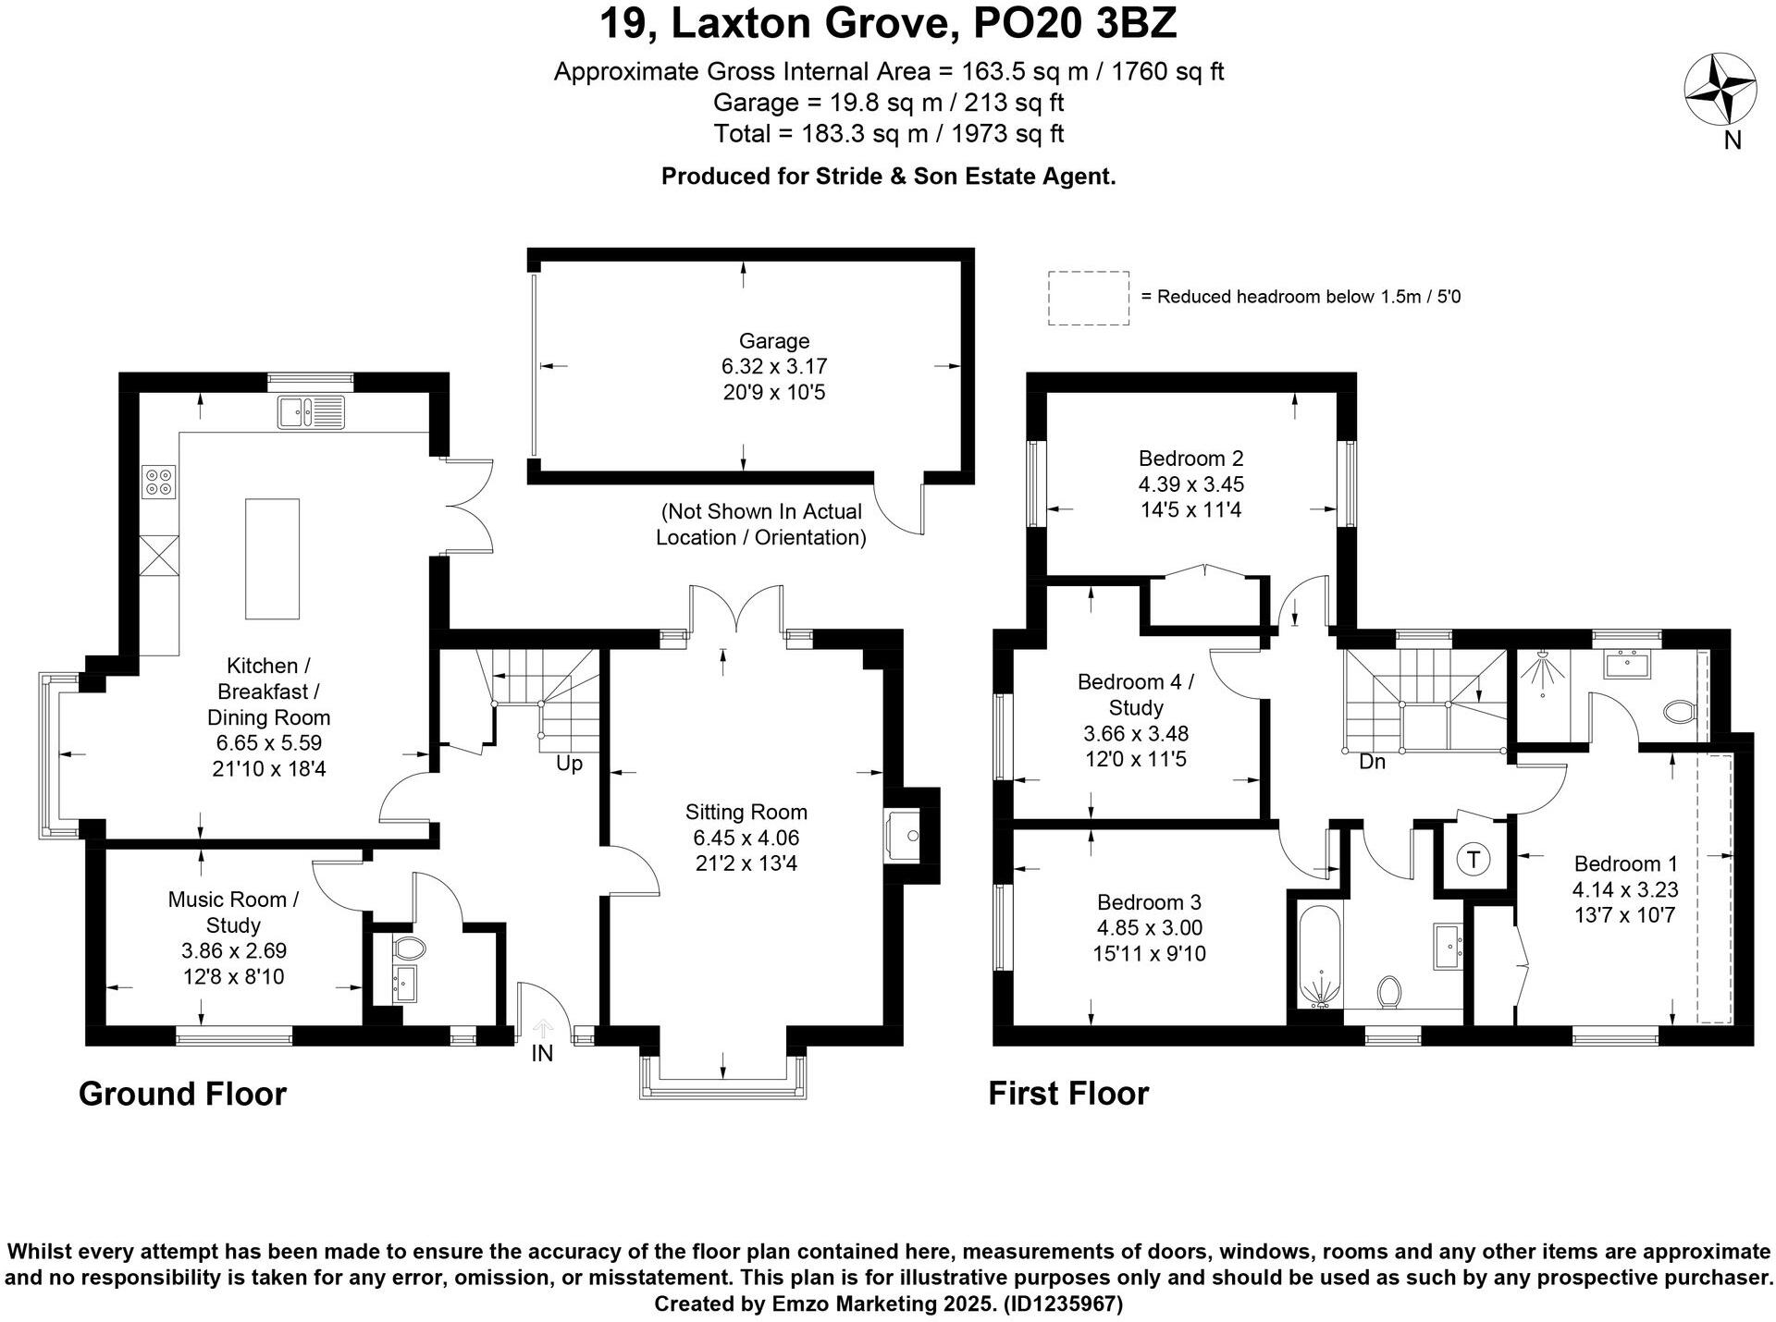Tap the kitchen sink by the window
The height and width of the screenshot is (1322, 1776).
pyautogui.click(x=310, y=411)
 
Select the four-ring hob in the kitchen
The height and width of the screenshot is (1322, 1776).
pyautogui.click(x=159, y=481)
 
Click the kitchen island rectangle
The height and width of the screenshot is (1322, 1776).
pyautogui.click(x=272, y=558)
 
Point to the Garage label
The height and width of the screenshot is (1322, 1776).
pyautogui.click(x=773, y=341)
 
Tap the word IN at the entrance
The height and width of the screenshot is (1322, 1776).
pyautogui.click(x=542, y=1053)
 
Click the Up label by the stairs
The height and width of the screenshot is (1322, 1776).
pyautogui.click(x=569, y=765)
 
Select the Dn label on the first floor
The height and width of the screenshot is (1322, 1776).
pyautogui.click(x=1372, y=762)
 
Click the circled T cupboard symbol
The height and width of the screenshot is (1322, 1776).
pyautogui.click(x=1473, y=860)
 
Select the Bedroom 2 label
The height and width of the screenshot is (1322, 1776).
pyautogui.click(x=1190, y=459)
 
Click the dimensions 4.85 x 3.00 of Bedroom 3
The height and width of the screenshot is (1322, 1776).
pyautogui.click(x=1149, y=927)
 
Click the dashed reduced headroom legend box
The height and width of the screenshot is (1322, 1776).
pyautogui.click(x=1088, y=298)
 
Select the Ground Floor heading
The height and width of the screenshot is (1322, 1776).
pyautogui.click(x=182, y=1094)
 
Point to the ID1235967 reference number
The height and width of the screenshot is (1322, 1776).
pyautogui.click(x=1064, y=1304)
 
